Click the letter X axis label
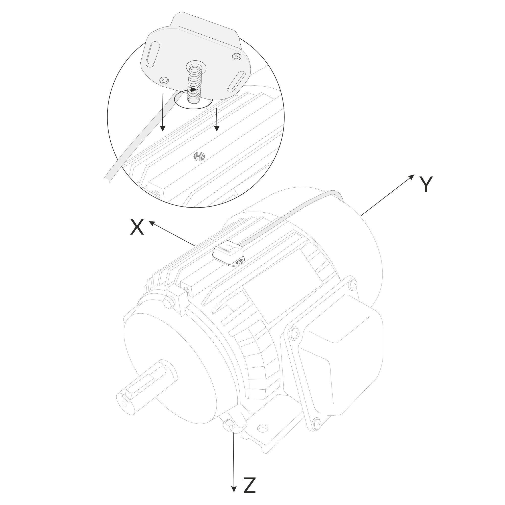point(137,227)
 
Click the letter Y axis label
point(426,184)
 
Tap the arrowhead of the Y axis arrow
point(411,177)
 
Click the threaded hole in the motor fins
point(199,156)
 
